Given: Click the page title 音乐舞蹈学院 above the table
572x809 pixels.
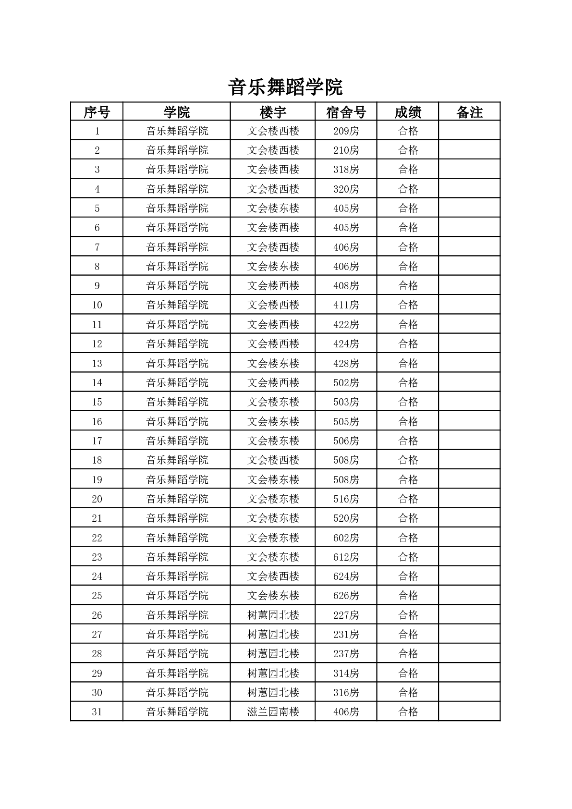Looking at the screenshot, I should [x=285, y=87].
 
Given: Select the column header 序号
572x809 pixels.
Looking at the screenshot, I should [x=97, y=112].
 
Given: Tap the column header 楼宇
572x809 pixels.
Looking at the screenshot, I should [x=273, y=112].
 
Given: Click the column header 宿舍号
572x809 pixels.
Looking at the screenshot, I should [x=346, y=112].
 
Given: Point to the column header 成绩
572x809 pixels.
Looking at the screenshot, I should [x=408, y=112].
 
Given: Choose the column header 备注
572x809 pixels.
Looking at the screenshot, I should [x=469, y=112].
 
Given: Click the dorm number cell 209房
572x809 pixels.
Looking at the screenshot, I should [x=346, y=131].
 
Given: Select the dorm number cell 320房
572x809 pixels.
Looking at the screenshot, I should [x=346, y=189].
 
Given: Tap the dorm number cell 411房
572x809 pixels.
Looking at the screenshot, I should [x=346, y=305].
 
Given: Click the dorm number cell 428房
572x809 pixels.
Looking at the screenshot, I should [x=346, y=363].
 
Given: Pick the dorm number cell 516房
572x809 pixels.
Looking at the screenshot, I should [x=346, y=499].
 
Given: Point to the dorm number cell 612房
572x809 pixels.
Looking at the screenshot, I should [x=346, y=557].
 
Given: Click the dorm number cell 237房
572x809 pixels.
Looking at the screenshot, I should [x=346, y=653].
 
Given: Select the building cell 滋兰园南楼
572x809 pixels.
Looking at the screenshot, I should [x=273, y=711].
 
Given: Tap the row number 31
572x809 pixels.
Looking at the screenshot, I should [x=97, y=711].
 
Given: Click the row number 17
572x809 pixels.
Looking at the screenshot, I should [x=97, y=441].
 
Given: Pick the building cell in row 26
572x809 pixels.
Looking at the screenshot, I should [x=273, y=615].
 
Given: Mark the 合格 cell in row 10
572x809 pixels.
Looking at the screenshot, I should [x=408, y=305].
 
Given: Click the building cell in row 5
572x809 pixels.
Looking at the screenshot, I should [x=273, y=208].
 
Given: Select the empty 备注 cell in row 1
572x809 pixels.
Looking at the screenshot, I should [x=469, y=131].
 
